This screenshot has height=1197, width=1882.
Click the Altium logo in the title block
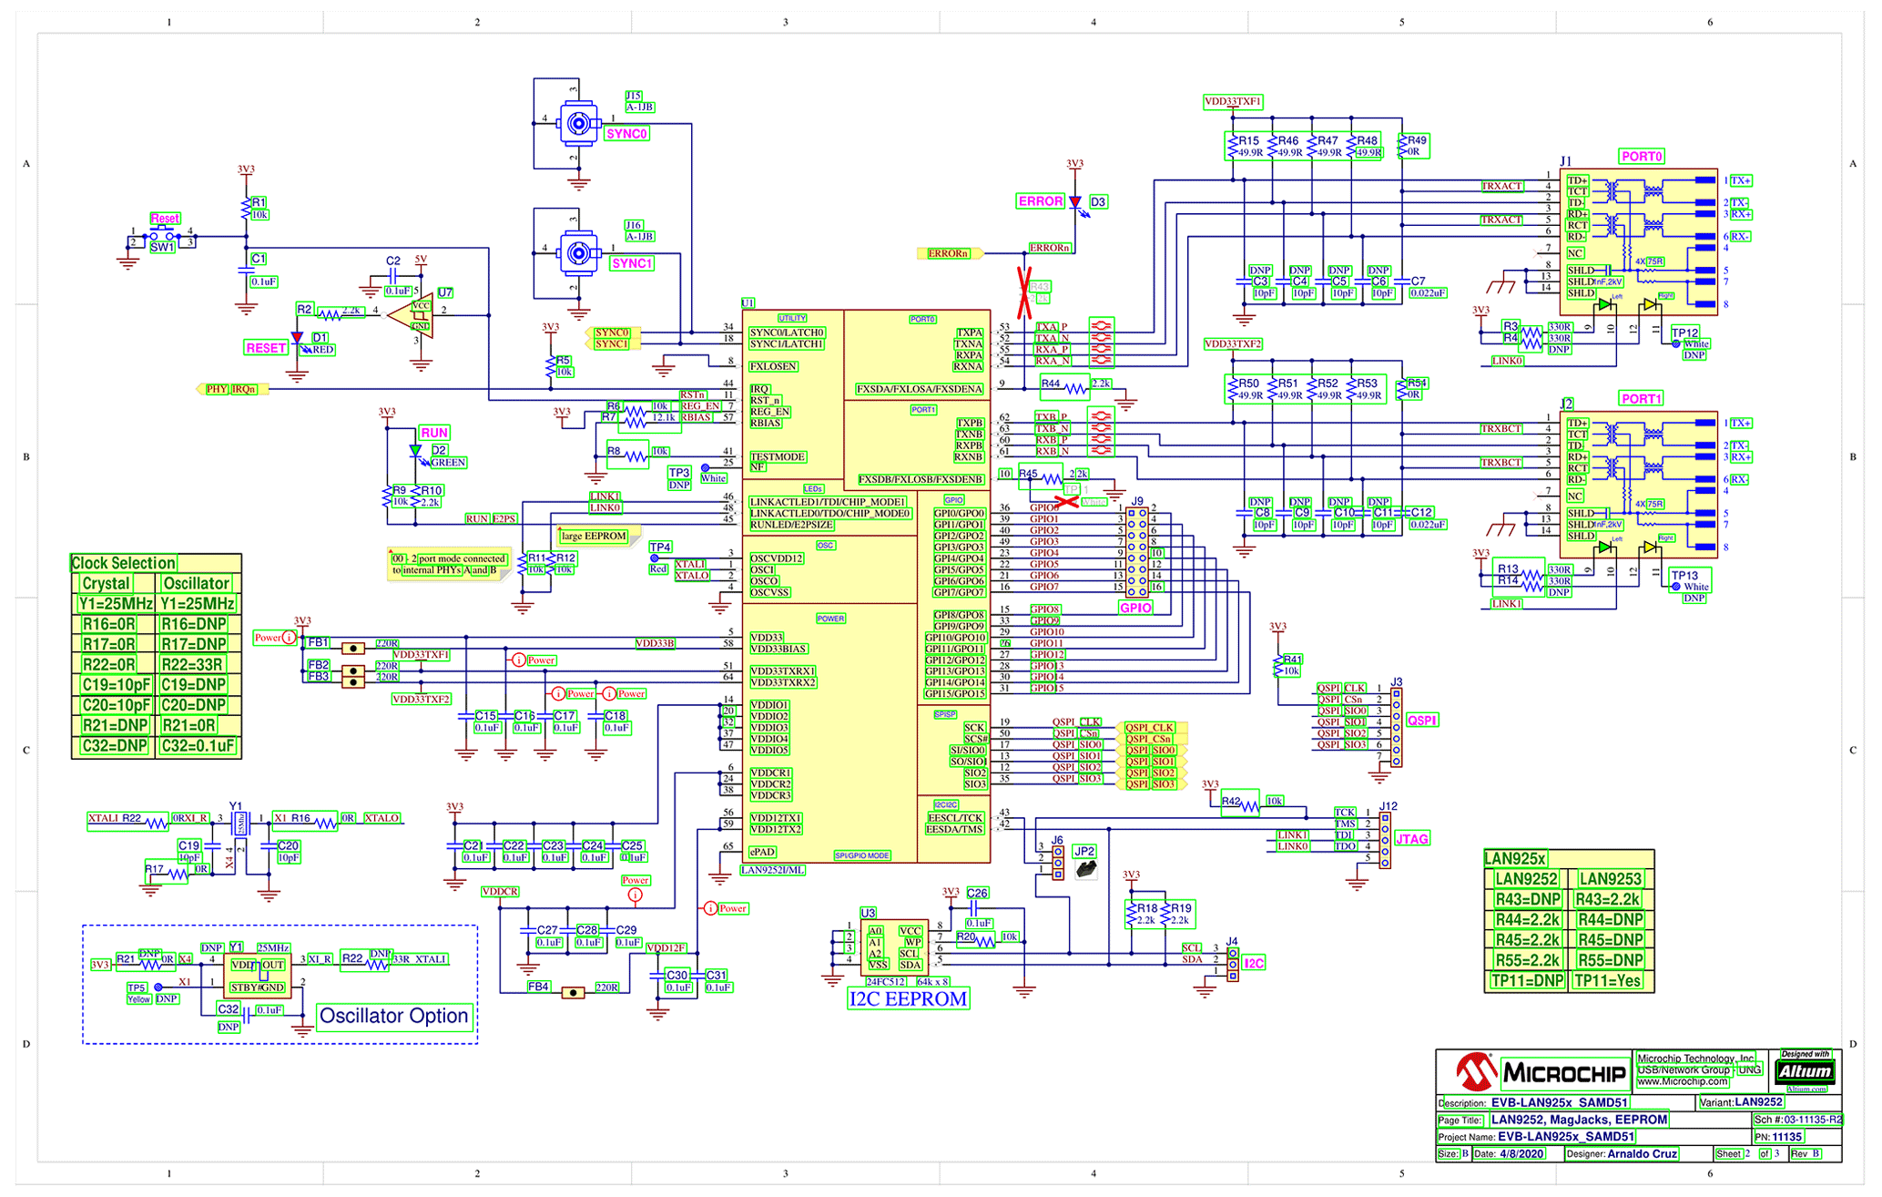[x=1805, y=1071]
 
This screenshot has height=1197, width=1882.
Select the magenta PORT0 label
[x=1642, y=157]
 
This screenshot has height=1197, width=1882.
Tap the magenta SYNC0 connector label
[x=626, y=134]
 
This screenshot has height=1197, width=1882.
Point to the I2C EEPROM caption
[x=908, y=998]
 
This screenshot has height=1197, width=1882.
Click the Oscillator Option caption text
[x=394, y=1016]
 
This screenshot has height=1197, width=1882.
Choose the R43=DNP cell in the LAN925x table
[x=1528, y=899]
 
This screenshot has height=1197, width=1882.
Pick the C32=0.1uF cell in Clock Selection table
[x=198, y=746]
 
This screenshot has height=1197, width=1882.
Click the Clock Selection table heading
[x=123, y=563]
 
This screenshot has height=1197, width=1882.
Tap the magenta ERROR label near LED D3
[x=1040, y=201]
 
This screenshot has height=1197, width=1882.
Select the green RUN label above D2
[x=434, y=433]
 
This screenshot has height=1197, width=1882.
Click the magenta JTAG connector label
[x=1411, y=839]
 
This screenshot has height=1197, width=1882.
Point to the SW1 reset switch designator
[x=162, y=247]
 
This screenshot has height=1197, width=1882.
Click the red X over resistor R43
[x=1024, y=293]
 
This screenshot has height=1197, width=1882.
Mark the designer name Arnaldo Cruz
[x=1642, y=1153]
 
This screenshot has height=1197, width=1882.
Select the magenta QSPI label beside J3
[x=1421, y=721]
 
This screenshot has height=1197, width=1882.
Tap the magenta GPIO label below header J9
[x=1135, y=608]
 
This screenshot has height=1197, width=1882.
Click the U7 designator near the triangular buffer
[x=444, y=292]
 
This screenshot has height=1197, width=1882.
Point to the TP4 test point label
[x=660, y=547]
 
